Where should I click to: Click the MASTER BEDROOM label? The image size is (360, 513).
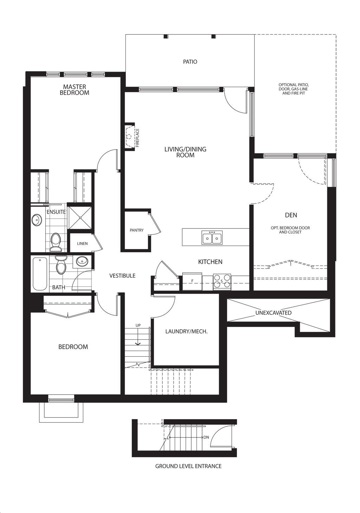point(74,90)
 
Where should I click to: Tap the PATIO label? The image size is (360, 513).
point(190,61)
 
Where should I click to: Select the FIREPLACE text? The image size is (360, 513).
point(137,137)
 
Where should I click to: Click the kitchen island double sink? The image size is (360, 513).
point(212,237)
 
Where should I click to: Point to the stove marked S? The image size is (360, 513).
point(222,281)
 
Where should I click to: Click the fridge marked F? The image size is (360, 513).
point(192,281)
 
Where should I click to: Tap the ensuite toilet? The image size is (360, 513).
point(55,242)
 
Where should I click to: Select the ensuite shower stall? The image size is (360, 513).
point(80,217)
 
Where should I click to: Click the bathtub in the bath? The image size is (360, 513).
point(40,274)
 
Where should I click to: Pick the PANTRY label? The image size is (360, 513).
point(136,230)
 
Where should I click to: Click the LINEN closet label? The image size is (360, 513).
point(82,244)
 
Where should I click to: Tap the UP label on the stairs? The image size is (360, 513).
point(138,325)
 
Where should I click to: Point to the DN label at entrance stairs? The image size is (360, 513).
point(206,437)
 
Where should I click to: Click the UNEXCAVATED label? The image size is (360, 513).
point(274,313)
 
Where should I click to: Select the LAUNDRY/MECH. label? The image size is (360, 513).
point(186,331)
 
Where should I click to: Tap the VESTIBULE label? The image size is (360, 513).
point(122,276)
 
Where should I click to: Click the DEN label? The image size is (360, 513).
point(291,215)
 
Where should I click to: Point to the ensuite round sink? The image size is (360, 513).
point(37,220)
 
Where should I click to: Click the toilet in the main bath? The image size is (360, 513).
point(61,265)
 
